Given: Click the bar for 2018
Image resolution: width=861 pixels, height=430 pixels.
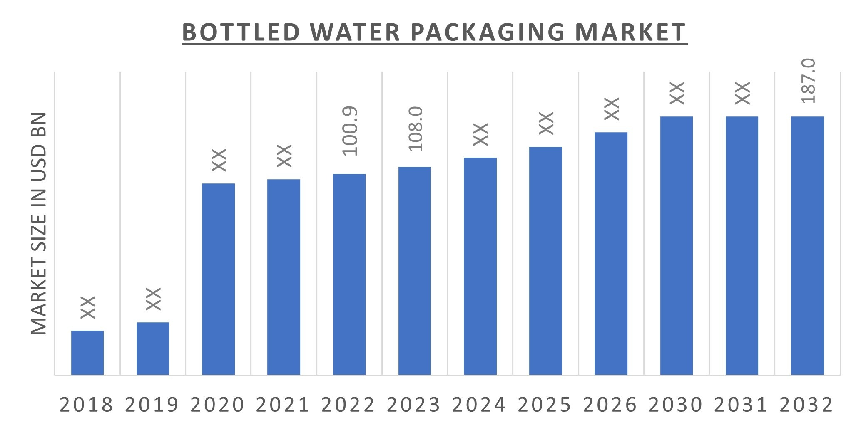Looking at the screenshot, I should (x=87, y=353).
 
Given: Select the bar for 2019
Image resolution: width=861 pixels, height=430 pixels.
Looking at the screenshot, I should (x=153, y=348).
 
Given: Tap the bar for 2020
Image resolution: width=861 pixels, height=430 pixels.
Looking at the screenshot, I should (x=218, y=279).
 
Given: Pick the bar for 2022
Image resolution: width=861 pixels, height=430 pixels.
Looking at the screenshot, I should (x=349, y=274).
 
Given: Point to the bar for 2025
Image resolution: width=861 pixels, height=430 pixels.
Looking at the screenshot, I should (x=545, y=261).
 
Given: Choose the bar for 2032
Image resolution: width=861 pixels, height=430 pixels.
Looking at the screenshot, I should (x=807, y=245).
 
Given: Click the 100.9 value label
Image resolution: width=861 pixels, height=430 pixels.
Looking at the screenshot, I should (x=350, y=131).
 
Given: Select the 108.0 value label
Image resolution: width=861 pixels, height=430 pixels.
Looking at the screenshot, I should (x=416, y=129).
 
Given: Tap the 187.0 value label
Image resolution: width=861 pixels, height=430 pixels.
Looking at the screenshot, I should (x=809, y=81).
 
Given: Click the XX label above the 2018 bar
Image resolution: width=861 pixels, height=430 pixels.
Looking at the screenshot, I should (x=88, y=307).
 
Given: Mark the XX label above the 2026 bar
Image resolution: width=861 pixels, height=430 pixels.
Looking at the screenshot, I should (x=612, y=109).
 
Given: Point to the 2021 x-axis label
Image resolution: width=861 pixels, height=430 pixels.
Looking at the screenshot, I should (x=283, y=405).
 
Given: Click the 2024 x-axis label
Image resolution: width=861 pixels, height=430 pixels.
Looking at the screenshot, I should (x=479, y=405).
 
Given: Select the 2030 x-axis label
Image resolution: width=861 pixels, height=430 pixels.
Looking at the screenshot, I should (x=676, y=405).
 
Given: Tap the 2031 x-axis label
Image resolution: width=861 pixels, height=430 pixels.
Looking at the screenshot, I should (x=741, y=405).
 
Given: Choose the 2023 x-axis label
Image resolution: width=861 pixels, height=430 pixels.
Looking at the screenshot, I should (x=414, y=405).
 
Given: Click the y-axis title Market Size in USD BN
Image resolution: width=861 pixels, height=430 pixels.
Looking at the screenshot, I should (x=39, y=223).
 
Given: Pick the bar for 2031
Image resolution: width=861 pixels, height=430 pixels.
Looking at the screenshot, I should (x=742, y=245).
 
